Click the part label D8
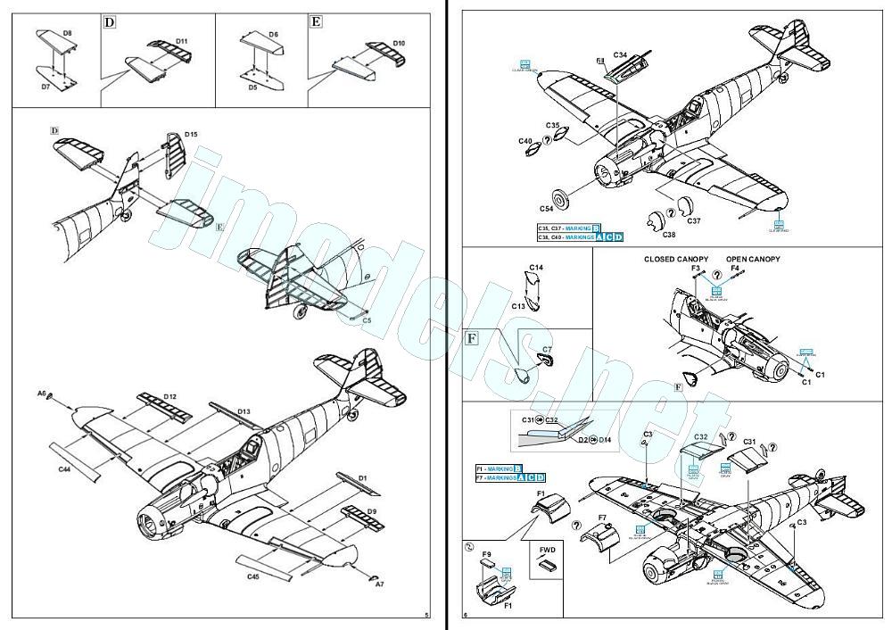point(68,32)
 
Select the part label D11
point(181,41)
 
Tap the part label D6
point(273,34)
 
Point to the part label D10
point(399,43)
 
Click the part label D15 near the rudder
point(191,135)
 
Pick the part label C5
point(367,319)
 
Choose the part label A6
point(42,393)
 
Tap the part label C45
point(254,576)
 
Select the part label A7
point(380,584)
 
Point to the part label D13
point(244,411)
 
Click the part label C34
point(619,55)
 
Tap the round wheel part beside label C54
point(562,197)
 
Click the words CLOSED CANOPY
point(677,259)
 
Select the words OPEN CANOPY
point(753,259)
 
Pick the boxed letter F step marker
point(473,338)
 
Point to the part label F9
point(486,554)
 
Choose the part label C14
point(535,268)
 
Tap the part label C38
point(668,235)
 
